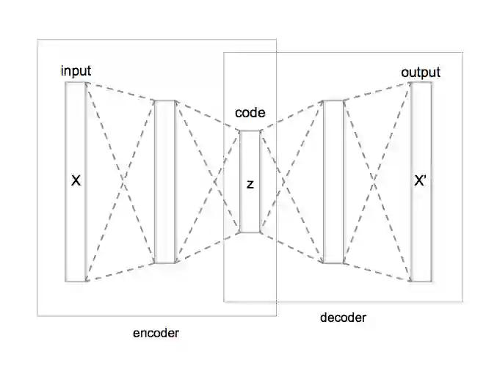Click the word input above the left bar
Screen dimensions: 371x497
tap(76, 70)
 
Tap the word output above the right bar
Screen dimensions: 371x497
tap(421, 72)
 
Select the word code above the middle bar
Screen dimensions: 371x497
tap(250, 113)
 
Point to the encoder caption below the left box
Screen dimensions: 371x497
tap(156, 333)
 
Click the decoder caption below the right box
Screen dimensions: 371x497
tap(343, 317)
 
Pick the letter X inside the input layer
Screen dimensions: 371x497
tap(75, 180)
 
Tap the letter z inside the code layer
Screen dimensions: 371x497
tap(250, 184)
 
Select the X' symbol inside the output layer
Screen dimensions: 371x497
tap(421, 181)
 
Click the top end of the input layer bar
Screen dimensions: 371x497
tap(76, 84)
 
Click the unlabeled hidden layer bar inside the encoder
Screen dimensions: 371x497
tap(165, 181)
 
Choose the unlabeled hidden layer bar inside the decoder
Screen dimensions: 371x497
tap(333, 181)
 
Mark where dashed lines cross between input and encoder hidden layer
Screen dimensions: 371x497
tap(120, 180)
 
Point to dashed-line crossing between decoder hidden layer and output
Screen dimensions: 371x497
tap(377, 181)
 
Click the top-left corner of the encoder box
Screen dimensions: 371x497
tap(38, 39)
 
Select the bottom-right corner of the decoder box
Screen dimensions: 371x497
tap(462, 301)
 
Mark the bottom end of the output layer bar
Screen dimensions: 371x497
tap(421, 280)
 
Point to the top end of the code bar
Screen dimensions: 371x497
tap(250, 132)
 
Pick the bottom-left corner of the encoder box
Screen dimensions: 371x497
tap(38, 315)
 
